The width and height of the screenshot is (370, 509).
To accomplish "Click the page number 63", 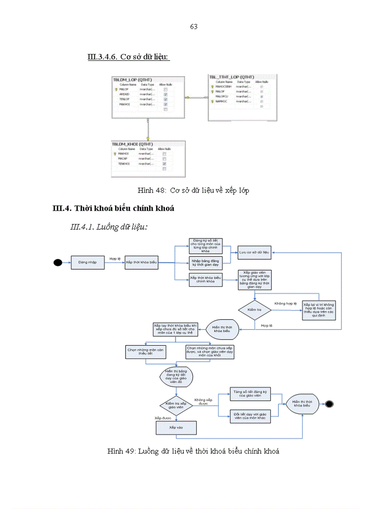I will click(194, 27).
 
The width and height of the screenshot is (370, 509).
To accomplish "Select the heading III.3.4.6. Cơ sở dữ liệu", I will click(128, 57).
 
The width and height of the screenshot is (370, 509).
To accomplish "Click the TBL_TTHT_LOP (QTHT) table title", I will click(231, 77).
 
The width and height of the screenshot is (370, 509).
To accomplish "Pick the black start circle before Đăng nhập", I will click(58, 262).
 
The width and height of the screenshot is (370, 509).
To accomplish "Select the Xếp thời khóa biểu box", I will click(142, 262).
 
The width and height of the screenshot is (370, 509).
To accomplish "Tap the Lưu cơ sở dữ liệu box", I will click(254, 252).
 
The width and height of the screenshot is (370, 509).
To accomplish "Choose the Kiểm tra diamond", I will click(255, 310).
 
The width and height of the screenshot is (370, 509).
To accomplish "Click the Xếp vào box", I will click(175, 427).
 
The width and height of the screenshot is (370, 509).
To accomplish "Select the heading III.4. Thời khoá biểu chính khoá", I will click(113, 208).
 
